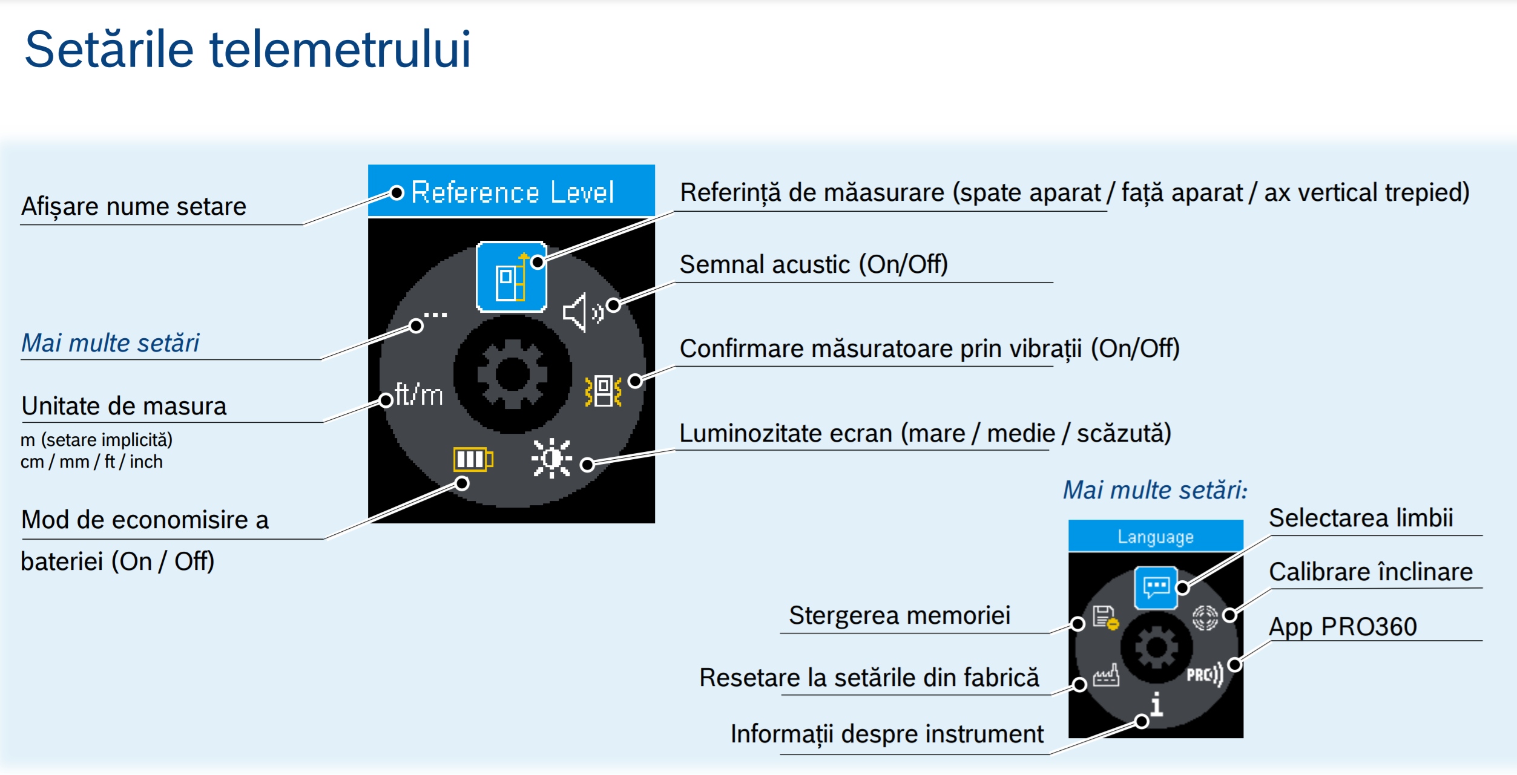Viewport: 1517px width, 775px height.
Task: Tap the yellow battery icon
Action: [473, 459]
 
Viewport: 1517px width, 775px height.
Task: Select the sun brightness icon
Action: [551, 458]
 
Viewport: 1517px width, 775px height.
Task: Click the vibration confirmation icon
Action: [603, 391]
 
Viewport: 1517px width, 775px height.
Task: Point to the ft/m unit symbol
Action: [419, 394]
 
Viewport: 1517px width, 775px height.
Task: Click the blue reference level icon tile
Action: [512, 276]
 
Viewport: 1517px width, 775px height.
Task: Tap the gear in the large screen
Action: [512, 374]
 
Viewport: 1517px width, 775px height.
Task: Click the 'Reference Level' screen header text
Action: [512, 192]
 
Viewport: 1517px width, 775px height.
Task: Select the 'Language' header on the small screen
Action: [1155, 537]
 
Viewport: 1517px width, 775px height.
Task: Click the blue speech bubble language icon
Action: [1156, 587]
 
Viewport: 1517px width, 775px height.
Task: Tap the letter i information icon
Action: [1156, 704]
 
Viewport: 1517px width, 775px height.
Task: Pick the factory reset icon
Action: [1105, 675]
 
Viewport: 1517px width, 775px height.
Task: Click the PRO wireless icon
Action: [1205, 674]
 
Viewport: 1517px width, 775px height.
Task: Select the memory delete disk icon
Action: [1105, 618]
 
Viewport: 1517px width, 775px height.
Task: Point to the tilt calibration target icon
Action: [1205, 618]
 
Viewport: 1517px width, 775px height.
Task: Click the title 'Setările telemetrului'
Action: [248, 50]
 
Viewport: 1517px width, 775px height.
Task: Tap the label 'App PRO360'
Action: [1343, 626]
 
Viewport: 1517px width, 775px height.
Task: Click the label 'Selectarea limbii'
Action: [1361, 518]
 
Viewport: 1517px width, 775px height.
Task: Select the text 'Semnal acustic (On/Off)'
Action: [814, 264]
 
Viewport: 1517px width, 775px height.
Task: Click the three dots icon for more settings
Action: [435, 315]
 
